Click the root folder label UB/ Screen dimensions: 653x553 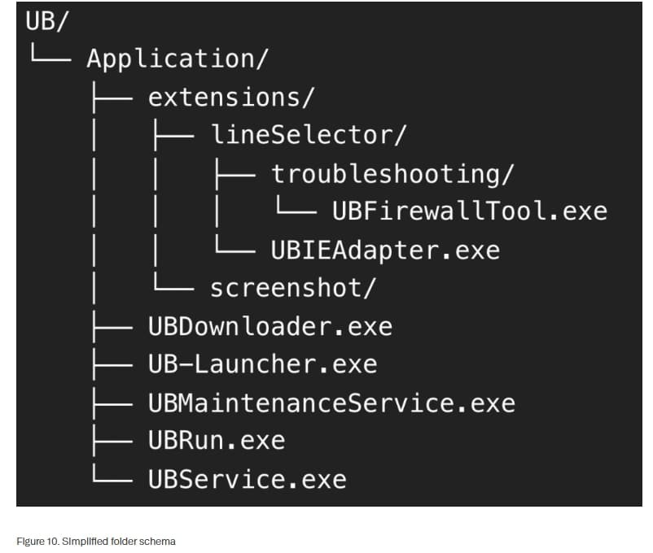46,21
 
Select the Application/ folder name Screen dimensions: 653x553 177,59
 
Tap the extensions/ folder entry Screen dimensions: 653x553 231,98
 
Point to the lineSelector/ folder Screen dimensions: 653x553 308,135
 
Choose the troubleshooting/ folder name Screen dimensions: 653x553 392,174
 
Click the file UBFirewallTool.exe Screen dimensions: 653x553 470,211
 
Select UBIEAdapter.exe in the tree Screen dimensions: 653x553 385,250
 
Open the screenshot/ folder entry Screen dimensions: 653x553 293,288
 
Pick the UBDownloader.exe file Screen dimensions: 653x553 270,326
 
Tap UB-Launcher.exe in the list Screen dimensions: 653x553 263,364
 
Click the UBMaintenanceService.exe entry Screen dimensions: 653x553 332,403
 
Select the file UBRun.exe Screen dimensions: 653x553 217,441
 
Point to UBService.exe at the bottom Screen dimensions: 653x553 248,479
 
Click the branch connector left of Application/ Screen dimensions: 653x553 50,53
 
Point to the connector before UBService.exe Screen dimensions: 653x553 112,473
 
